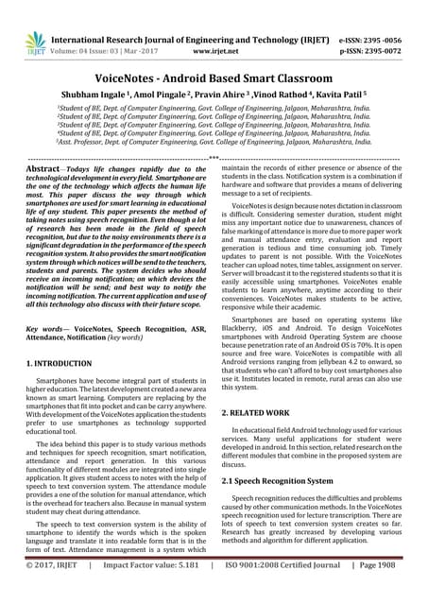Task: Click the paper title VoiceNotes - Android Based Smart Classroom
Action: [x=214, y=78]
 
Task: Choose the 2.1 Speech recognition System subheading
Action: [x=293, y=480]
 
